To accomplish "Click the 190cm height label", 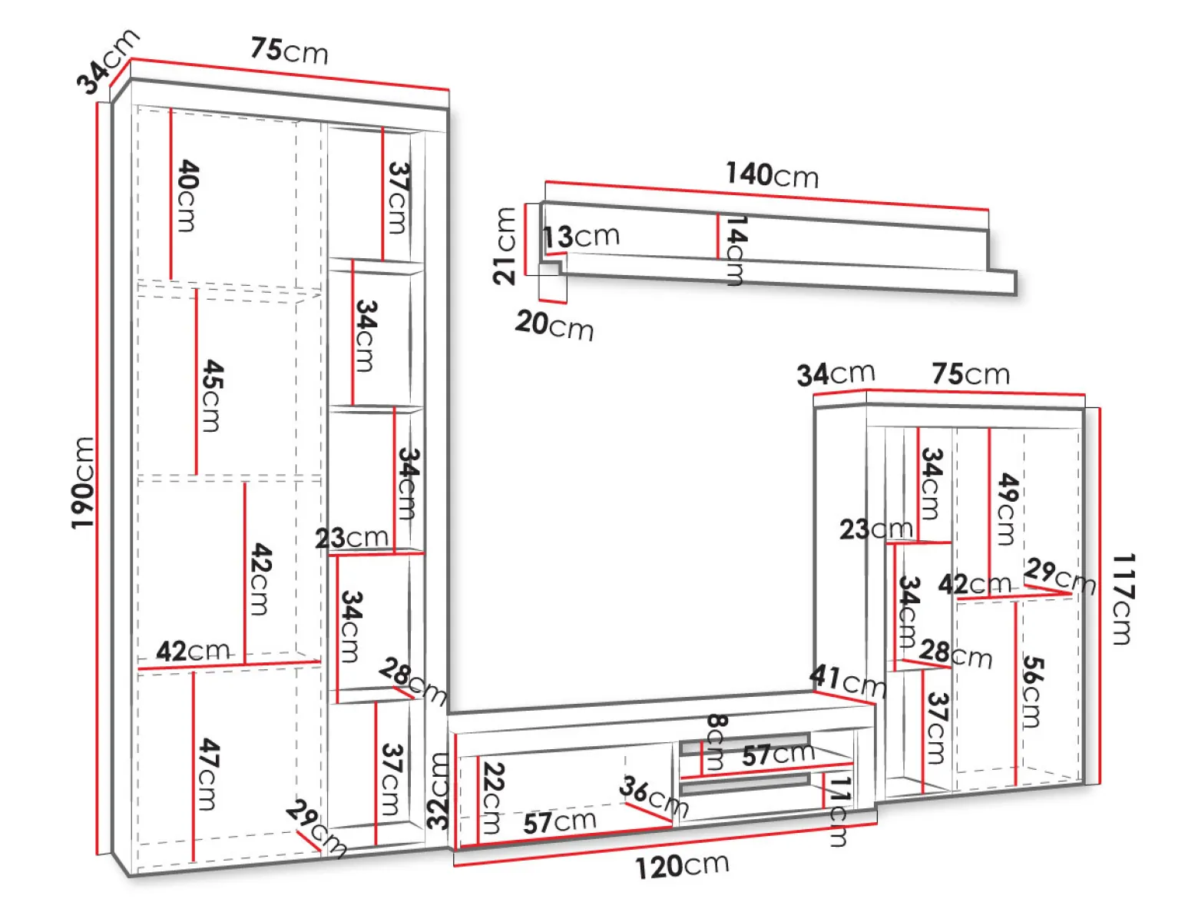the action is pyautogui.click(x=84, y=483).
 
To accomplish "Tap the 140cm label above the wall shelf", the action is pyautogui.click(x=772, y=174).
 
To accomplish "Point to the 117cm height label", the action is pyautogui.click(x=1124, y=599).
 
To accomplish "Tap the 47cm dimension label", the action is pyautogui.click(x=208, y=774).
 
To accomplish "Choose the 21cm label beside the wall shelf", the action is pyautogui.click(x=504, y=246).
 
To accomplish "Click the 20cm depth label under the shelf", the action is pyautogui.click(x=554, y=325).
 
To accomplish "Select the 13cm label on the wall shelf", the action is pyautogui.click(x=581, y=237).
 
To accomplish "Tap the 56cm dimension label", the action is pyautogui.click(x=1032, y=692).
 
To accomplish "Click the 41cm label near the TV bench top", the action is pyautogui.click(x=848, y=681).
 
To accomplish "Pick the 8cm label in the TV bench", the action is pyautogui.click(x=716, y=741).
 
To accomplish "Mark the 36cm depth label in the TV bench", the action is pyautogui.click(x=654, y=796).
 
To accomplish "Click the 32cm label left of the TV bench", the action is pyautogui.click(x=438, y=791).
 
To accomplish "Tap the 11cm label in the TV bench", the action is pyautogui.click(x=839, y=811).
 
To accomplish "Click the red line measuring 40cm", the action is pyautogui.click(x=170, y=194).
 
